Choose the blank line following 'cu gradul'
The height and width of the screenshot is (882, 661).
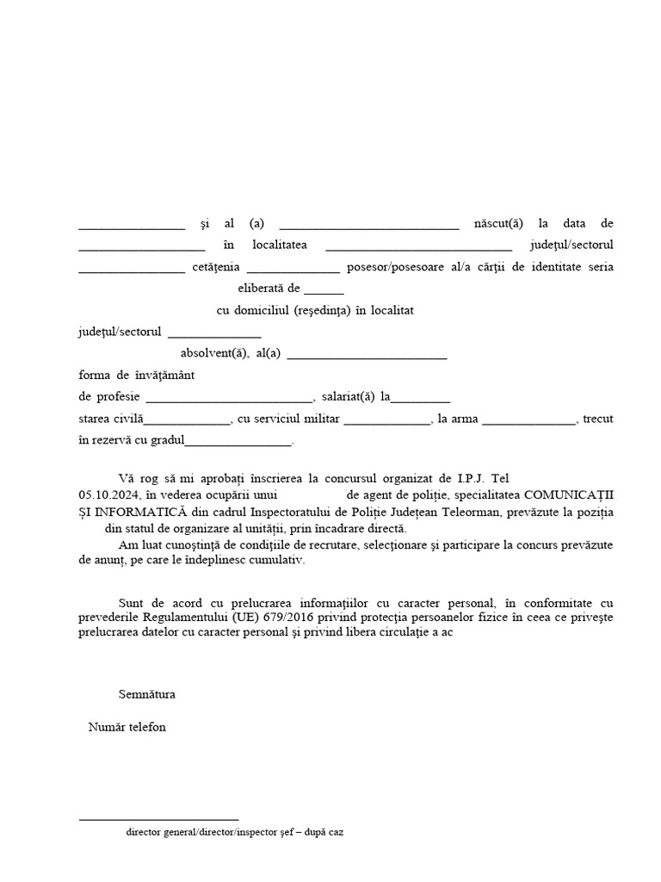point(238,444)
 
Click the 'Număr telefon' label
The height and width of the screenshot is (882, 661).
point(127,727)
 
